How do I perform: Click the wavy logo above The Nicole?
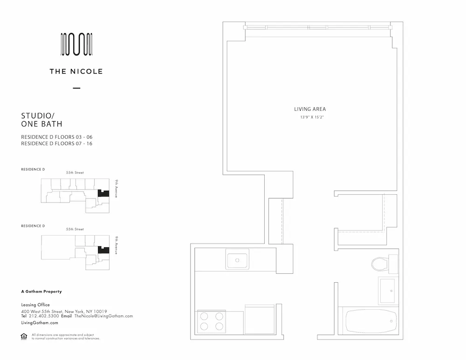(x=76, y=45)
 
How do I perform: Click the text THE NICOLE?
(x=76, y=72)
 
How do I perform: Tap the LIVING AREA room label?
(x=310, y=109)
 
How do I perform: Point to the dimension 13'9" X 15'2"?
(x=312, y=117)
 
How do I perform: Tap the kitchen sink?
(x=237, y=259)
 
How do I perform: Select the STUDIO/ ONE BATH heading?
(x=42, y=120)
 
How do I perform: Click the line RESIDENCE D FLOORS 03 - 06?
(x=57, y=137)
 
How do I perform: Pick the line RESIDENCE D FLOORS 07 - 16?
(x=57, y=143)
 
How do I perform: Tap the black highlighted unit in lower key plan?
(x=103, y=250)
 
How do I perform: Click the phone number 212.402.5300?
(x=44, y=316)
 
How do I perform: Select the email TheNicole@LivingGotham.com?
(x=103, y=316)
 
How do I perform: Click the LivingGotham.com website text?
(x=40, y=323)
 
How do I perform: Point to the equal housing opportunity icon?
(x=24, y=336)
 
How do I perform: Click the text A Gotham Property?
(x=41, y=292)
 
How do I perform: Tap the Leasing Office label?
(x=35, y=305)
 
